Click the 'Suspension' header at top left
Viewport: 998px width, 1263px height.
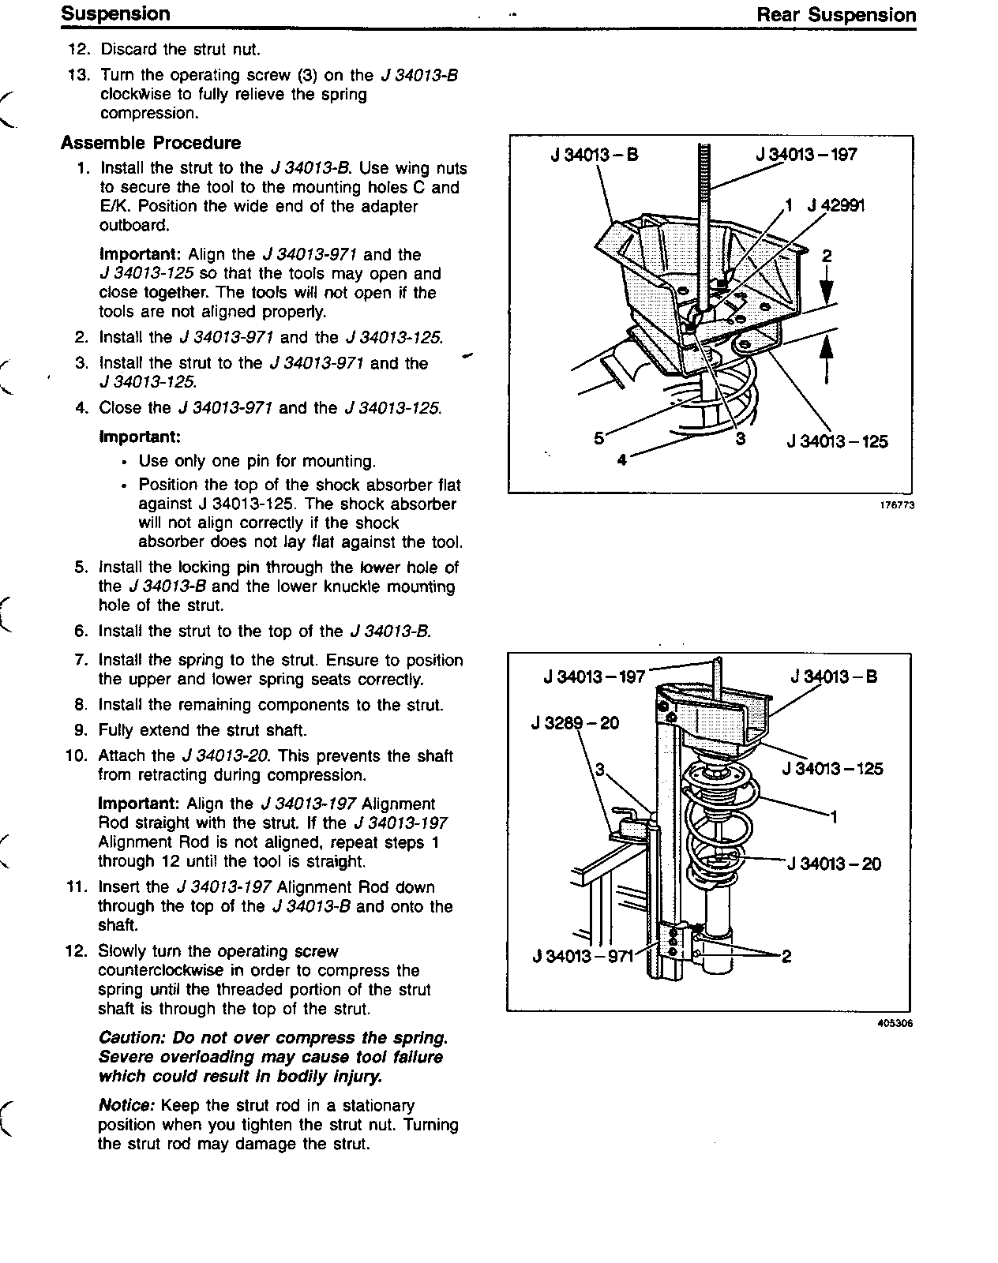pos(115,14)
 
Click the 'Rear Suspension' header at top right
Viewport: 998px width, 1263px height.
pos(836,15)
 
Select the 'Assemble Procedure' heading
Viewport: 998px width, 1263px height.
pos(151,143)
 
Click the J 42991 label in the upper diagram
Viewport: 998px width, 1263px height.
pos(835,206)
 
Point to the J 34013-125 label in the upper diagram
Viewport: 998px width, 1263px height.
pos(837,441)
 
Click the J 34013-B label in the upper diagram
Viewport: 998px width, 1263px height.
pos(594,155)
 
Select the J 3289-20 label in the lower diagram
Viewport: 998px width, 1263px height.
pos(576,722)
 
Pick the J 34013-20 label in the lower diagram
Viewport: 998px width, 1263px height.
pos(835,864)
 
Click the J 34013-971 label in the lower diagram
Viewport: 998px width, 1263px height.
pos(583,957)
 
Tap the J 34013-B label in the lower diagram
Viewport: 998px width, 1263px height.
pos(834,676)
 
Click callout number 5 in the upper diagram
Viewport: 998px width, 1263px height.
pos(598,438)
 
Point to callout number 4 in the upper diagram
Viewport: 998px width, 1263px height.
pos(621,459)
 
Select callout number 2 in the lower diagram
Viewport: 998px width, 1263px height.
pos(786,957)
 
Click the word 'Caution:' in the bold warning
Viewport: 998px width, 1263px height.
pos(129,1037)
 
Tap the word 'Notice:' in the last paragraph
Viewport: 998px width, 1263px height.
pos(126,1105)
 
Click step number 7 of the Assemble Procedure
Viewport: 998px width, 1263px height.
pos(82,660)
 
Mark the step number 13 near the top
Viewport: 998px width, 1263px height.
pos(79,75)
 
